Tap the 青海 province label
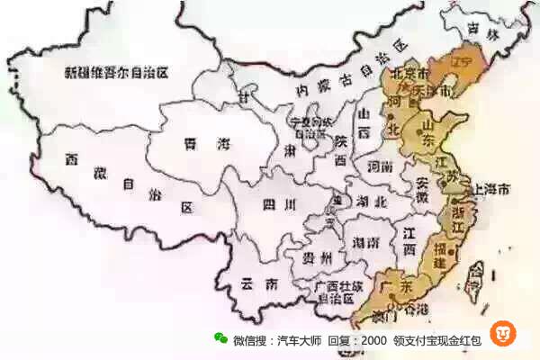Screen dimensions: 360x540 [206, 144]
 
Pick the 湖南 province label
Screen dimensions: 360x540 [365, 243]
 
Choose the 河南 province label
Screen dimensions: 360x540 [380, 166]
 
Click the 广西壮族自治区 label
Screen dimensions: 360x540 [328, 292]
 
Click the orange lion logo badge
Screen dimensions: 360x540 [503, 334]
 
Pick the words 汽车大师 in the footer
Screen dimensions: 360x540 [299, 340]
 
